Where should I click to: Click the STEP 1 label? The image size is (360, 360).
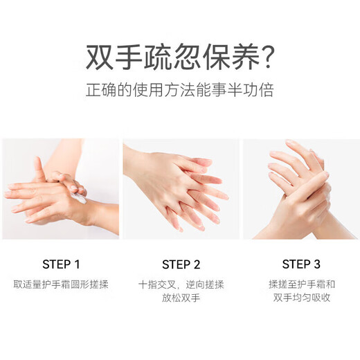[x=61, y=264]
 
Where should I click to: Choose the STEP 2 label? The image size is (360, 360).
[x=181, y=264]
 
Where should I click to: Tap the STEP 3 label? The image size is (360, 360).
[x=301, y=264]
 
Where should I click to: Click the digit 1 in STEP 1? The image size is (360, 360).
[x=78, y=264]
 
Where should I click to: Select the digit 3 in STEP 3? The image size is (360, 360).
[x=317, y=264]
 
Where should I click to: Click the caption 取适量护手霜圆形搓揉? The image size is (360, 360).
[x=61, y=285]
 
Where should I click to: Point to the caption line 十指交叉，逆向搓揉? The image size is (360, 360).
[x=181, y=285]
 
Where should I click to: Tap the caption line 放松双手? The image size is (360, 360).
[x=181, y=299]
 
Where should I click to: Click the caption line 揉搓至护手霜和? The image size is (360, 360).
[x=301, y=285]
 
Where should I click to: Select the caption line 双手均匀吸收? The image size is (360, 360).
[x=301, y=299]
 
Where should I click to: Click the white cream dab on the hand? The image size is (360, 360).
[x=80, y=199]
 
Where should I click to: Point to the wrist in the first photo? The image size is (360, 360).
[x=97, y=215]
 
